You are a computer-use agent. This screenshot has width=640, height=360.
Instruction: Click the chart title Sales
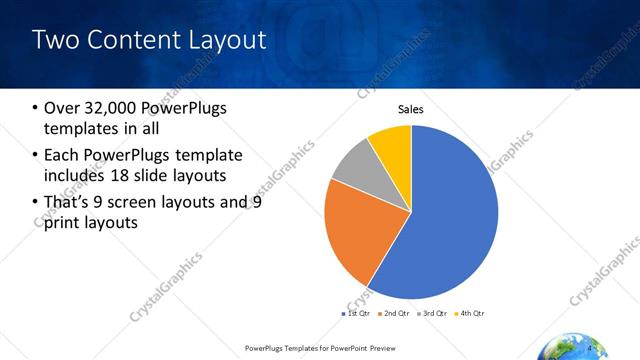click(x=411, y=109)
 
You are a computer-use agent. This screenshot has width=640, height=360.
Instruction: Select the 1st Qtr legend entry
click(x=357, y=314)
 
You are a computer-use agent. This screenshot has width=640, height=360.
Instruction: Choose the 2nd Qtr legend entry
click(x=393, y=314)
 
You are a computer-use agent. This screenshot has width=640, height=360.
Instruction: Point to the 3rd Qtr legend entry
click(x=432, y=314)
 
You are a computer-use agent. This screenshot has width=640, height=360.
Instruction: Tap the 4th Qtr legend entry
click(x=470, y=314)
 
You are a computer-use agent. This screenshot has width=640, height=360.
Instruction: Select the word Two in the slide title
click(x=54, y=41)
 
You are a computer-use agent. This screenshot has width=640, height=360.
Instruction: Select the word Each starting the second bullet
click(x=62, y=155)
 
